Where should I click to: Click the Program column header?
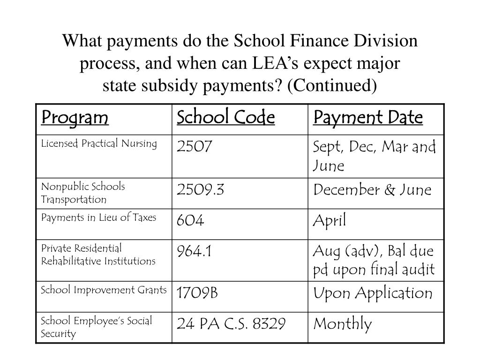(x=75, y=117)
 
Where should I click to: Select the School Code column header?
(x=225, y=117)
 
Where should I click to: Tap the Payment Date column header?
(x=368, y=117)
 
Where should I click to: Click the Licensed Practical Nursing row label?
(x=99, y=143)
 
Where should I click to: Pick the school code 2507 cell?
(x=195, y=147)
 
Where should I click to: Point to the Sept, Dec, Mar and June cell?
(x=375, y=156)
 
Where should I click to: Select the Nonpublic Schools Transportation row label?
(x=83, y=193)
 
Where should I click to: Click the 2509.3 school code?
(x=201, y=190)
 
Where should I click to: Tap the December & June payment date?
(x=372, y=190)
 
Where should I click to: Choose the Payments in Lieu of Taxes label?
(x=98, y=217)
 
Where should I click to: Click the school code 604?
(x=190, y=221)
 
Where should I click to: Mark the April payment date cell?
(x=330, y=221)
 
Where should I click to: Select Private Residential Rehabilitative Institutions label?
(x=98, y=254)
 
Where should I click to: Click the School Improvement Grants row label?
(x=104, y=290)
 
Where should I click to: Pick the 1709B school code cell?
(x=197, y=293)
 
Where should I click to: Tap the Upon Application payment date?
(x=373, y=293)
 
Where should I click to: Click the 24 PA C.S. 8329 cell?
(x=231, y=323)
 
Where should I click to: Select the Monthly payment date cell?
(x=343, y=323)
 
